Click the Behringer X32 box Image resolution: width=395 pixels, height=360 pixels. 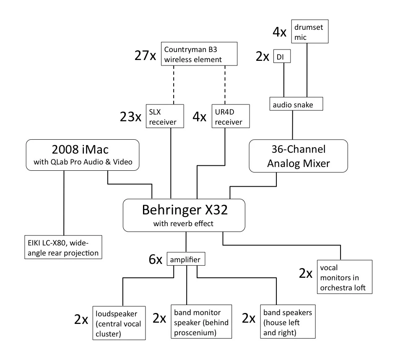click(184, 214)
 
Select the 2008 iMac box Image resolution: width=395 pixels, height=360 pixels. click(82, 156)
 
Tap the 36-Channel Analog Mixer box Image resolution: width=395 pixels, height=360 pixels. click(298, 156)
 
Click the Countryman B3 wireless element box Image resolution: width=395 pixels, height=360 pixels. click(199, 54)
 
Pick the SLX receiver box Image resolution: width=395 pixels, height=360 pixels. click(165, 116)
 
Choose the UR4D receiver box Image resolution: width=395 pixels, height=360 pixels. click(231, 116)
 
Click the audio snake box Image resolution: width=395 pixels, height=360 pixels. click(296, 104)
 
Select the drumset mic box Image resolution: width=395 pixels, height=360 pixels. click(309, 31)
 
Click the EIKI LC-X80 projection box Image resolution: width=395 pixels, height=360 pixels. click(62, 247)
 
